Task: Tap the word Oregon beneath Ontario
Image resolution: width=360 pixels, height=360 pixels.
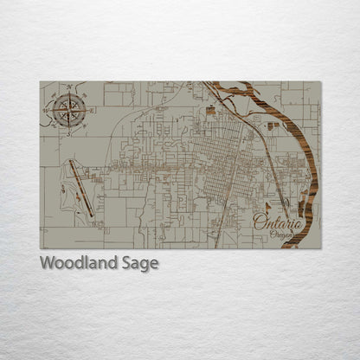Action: click(x=280, y=236)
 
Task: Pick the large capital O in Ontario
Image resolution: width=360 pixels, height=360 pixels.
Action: click(x=260, y=222)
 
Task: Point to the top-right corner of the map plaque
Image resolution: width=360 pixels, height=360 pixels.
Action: click(x=320, y=82)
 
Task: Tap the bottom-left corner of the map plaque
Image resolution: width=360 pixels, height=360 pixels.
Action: click(x=40, y=248)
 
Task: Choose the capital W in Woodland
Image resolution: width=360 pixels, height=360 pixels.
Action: click(x=48, y=263)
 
